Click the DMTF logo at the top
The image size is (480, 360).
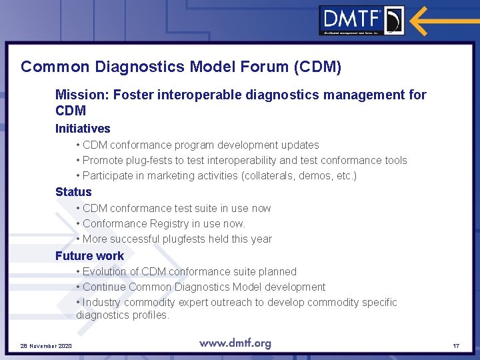[361, 20]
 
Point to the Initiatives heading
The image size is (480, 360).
[83, 129]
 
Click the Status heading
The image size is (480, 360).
[73, 192]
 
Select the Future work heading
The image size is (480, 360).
[89, 256]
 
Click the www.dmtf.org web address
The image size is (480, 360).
[235, 344]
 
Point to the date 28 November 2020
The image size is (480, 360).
[46, 346]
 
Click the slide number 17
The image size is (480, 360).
[456, 346]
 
